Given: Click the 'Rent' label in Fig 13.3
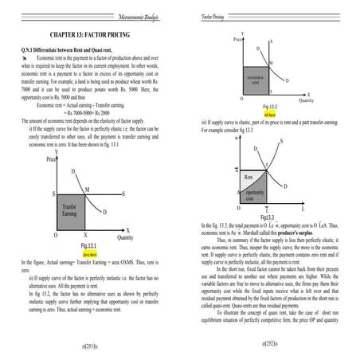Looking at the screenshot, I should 248,176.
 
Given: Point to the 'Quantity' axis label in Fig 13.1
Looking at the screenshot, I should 125,237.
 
